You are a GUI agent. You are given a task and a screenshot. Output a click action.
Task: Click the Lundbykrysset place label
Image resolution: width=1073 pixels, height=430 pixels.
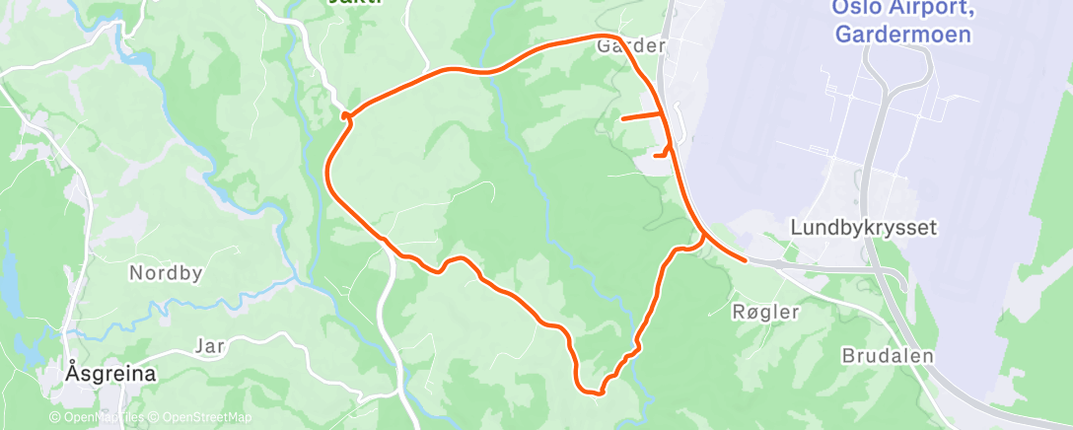pyautogui.click(x=863, y=227)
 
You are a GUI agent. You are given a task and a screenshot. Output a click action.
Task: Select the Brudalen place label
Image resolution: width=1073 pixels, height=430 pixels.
pyautogui.click(x=887, y=355)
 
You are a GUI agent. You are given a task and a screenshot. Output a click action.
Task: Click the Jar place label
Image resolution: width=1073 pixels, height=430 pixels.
pyautogui.click(x=209, y=345)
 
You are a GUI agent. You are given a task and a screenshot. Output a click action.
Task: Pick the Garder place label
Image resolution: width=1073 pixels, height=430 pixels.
pyautogui.click(x=631, y=45)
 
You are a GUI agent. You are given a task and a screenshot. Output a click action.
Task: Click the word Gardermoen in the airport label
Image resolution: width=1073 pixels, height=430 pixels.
pyautogui.click(x=902, y=35)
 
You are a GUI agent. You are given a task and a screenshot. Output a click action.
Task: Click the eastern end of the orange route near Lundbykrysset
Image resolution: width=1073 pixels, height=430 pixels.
pyautogui.click(x=744, y=261)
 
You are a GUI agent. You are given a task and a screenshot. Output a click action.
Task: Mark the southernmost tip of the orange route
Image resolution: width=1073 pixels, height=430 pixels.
pyautogui.click(x=596, y=393)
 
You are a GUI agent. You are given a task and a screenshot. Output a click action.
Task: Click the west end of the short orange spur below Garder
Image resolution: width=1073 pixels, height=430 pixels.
pyautogui.click(x=622, y=118)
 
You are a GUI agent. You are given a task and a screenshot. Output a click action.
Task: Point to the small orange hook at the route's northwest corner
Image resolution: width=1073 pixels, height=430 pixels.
pyautogui.click(x=346, y=116)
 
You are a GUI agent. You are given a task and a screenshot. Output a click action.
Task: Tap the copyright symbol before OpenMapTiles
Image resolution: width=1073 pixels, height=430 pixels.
pyautogui.click(x=55, y=416)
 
